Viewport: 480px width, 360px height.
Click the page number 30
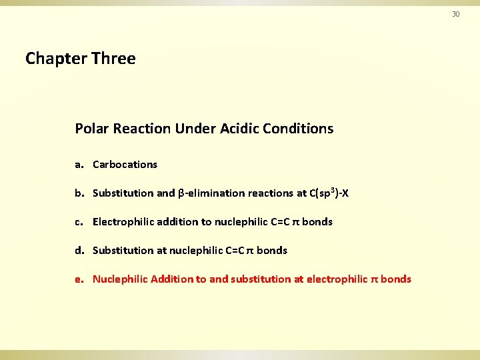[456, 14]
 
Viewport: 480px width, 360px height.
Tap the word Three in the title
[114, 59]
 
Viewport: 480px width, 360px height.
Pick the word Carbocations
[125, 165]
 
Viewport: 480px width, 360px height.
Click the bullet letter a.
[79, 165]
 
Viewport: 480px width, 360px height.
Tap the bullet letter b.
[79, 193]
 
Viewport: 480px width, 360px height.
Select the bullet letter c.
[79, 222]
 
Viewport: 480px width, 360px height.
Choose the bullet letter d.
[79, 251]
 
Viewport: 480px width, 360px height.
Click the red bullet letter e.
[79, 279]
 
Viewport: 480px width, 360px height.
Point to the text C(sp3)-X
[329, 193]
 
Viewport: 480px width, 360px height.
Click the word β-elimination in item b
[211, 193]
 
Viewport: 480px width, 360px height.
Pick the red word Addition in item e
[171, 279]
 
